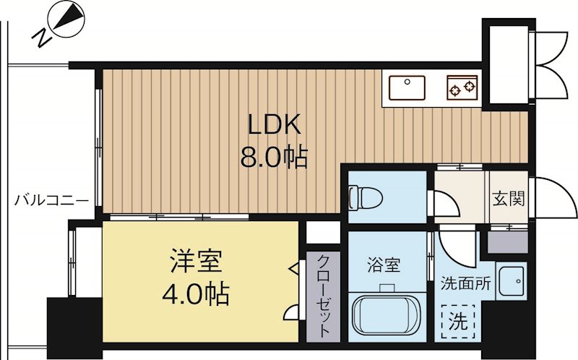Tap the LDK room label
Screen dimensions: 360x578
point(275,125)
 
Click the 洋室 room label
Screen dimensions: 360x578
point(196,260)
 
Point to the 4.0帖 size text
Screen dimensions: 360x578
point(197,294)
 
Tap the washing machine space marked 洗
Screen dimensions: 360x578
point(458,318)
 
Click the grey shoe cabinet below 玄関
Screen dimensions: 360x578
point(508,240)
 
